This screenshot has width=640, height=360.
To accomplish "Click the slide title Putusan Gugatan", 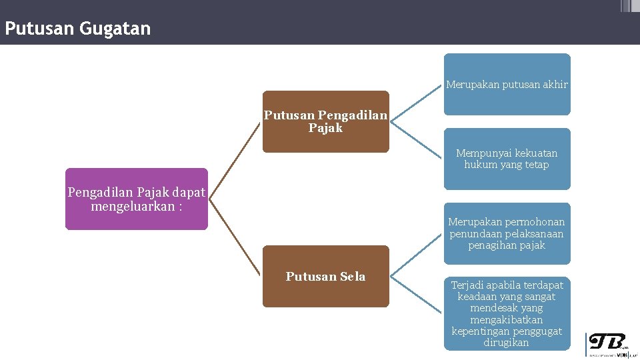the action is click(x=77, y=29).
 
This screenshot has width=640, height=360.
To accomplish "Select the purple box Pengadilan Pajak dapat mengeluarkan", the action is click(x=136, y=199).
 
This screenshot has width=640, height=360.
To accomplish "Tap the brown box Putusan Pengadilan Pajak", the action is click(x=325, y=121).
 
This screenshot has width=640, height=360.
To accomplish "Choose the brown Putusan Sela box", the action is click(x=325, y=276).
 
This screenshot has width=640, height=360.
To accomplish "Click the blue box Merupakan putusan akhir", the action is click(x=507, y=84).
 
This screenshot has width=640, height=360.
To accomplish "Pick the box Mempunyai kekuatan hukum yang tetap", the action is click(x=507, y=159).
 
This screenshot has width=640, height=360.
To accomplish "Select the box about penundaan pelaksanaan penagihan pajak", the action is click(x=507, y=233).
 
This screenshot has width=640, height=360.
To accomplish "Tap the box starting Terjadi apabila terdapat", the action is click(x=507, y=313).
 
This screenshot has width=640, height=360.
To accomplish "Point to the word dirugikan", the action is click(x=507, y=343).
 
